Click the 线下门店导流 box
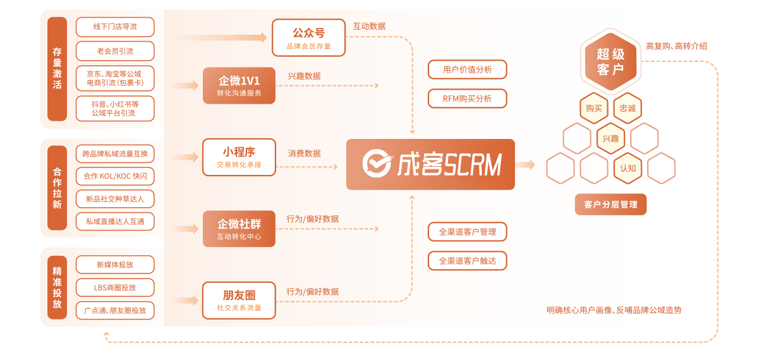tap(115, 27)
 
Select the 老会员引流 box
tap(115, 51)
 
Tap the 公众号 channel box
tap(308, 37)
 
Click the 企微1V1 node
tap(239, 85)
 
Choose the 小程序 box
tap(239, 157)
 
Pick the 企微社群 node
tap(239, 229)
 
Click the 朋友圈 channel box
tap(239, 300)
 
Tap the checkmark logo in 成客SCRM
tap(377, 164)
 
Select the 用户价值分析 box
tap(467, 69)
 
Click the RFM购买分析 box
tap(467, 99)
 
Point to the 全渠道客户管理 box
tap(467, 232)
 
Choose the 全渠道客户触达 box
tap(467, 260)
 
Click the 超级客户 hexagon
tap(610, 61)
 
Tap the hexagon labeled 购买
tap(594, 108)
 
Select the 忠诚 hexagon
tap(627, 108)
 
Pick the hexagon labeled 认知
tap(627, 168)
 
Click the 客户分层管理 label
tap(610, 204)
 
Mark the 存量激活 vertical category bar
tap(57, 69)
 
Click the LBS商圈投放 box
tap(115, 287)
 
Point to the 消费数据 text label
tap(304, 153)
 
